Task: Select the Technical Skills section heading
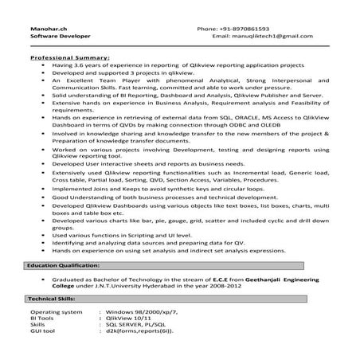pyautogui.click(x=55, y=297)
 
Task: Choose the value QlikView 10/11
pyautogui.click(x=132, y=319)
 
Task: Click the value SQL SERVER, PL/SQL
pyautogui.click(x=139, y=326)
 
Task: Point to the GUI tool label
pyautogui.click(x=44, y=333)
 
